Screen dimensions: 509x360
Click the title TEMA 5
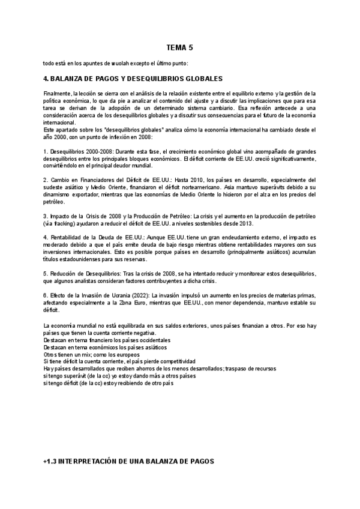pyautogui.click(x=179, y=47)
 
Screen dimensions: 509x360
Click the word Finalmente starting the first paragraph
pyautogui.click(x=57, y=94)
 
